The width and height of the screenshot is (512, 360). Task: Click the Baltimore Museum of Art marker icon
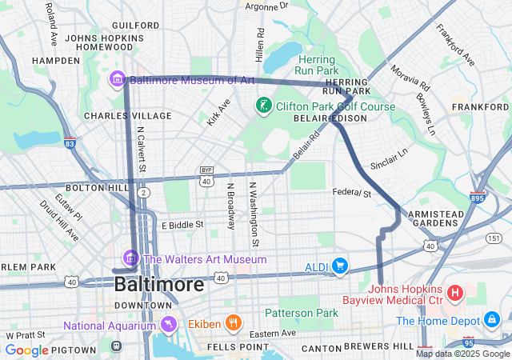coord(118,80)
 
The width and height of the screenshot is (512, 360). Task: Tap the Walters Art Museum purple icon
coord(131,259)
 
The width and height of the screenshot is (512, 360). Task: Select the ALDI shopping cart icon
coord(340,266)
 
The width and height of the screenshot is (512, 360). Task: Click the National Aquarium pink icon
coord(168,326)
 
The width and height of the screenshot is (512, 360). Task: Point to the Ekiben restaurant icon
coord(234,323)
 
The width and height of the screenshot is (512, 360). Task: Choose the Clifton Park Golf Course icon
coord(262,106)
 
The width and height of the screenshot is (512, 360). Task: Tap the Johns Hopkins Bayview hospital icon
coord(455,294)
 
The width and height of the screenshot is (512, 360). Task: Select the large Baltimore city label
coord(158,284)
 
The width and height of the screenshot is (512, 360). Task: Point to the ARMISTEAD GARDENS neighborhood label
coord(435,219)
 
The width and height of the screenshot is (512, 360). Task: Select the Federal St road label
coord(353,194)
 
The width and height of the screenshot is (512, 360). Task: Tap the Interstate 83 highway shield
coord(70,143)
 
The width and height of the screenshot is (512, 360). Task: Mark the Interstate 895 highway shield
coord(478,197)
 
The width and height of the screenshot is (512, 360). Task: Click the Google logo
coord(26,350)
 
